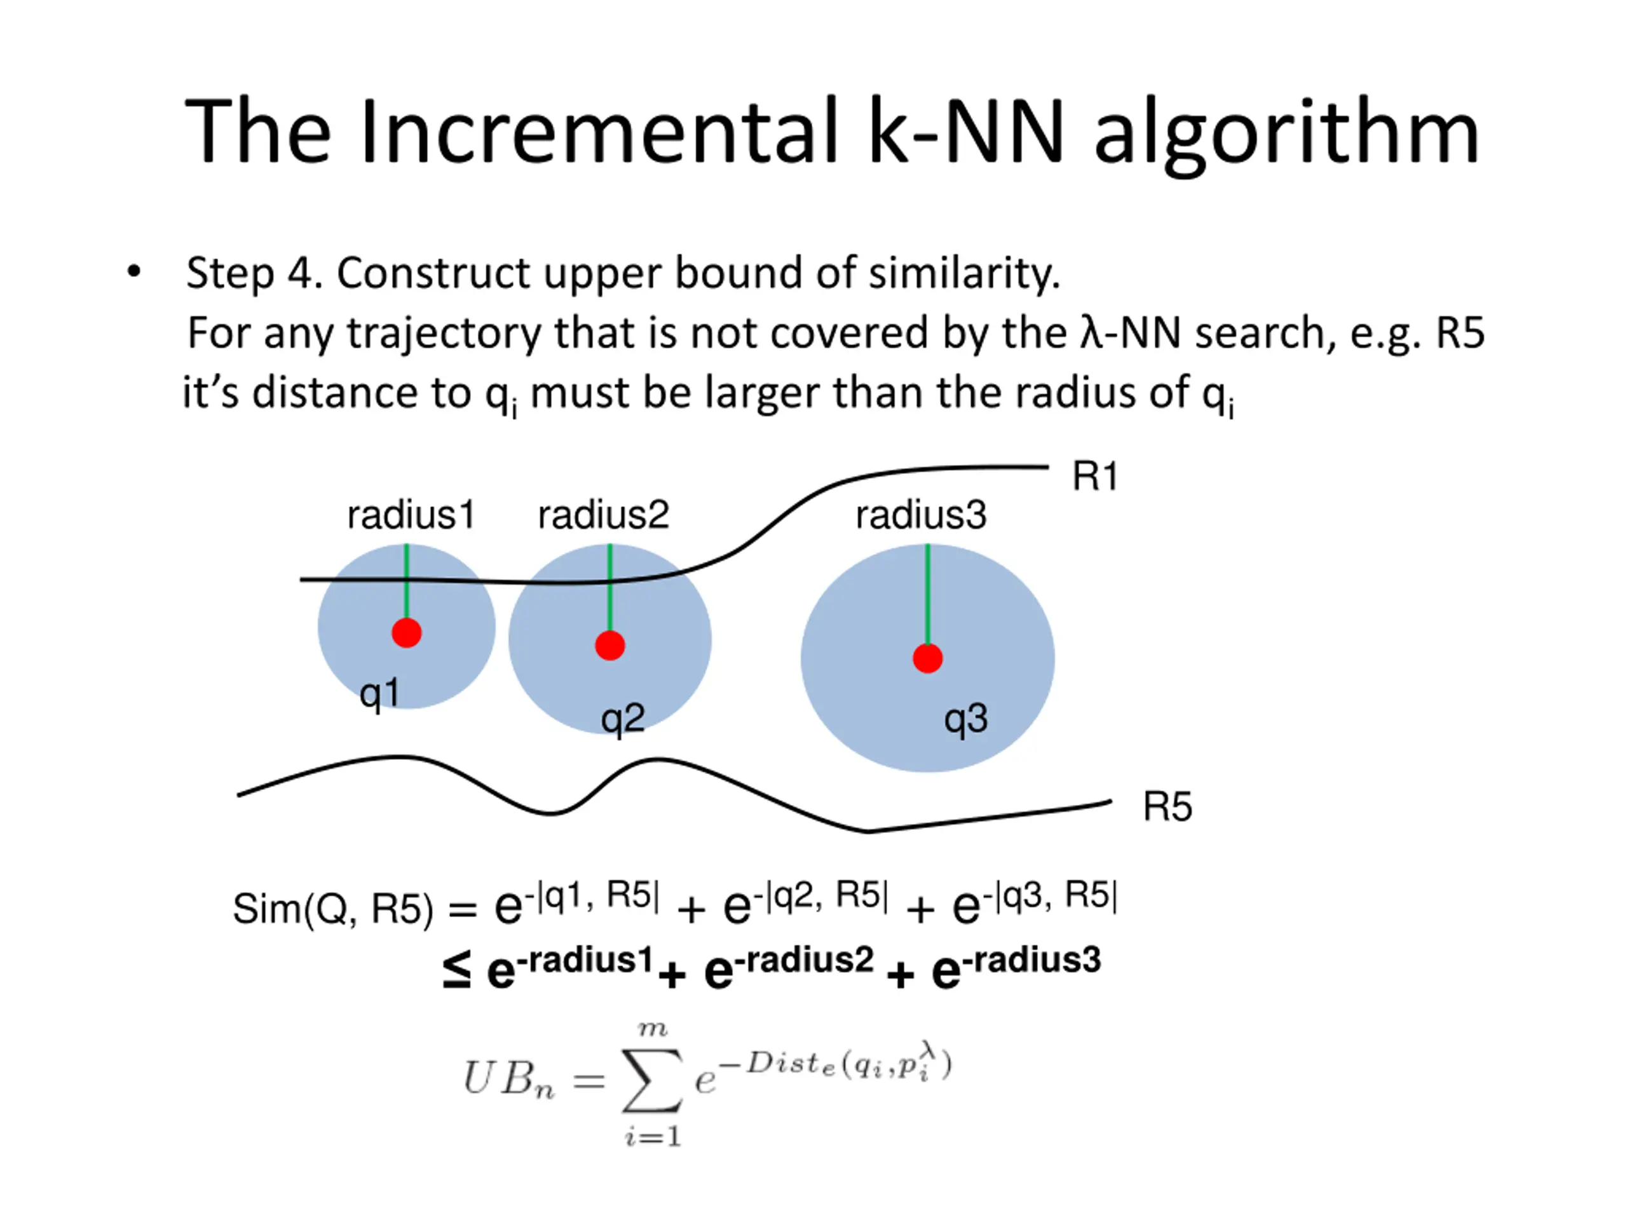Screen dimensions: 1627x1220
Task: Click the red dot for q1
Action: click(x=406, y=632)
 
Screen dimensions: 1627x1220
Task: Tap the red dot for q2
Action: click(x=609, y=646)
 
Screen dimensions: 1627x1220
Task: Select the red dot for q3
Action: click(x=927, y=658)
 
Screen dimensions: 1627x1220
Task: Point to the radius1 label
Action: click(x=411, y=515)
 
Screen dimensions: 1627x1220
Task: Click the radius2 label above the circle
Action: click(x=603, y=515)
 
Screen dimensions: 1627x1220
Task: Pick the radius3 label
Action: click(x=920, y=515)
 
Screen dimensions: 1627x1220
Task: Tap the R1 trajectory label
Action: click(x=1094, y=476)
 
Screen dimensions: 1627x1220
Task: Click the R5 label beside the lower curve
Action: click(x=1167, y=807)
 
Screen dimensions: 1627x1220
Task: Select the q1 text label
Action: click(x=379, y=693)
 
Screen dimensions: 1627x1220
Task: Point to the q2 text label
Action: click(x=622, y=719)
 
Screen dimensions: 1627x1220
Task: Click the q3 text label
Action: click(x=966, y=719)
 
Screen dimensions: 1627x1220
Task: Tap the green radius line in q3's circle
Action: click(x=927, y=595)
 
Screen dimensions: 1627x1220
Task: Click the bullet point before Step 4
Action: click(x=133, y=272)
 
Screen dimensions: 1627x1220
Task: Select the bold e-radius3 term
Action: click(x=1015, y=965)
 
